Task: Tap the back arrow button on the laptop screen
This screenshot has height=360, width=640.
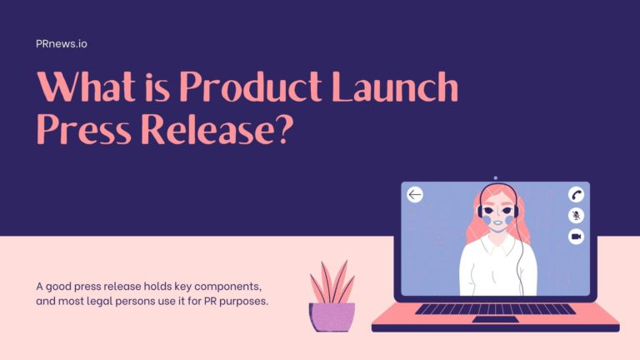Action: tap(415, 195)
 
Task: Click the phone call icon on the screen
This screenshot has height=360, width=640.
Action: tap(576, 194)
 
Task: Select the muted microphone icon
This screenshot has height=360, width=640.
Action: tap(576, 215)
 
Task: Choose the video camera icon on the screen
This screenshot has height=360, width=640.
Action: tap(576, 237)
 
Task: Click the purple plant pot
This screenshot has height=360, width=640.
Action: tap(332, 317)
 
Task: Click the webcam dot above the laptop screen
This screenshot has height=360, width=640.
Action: tap(495, 177)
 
